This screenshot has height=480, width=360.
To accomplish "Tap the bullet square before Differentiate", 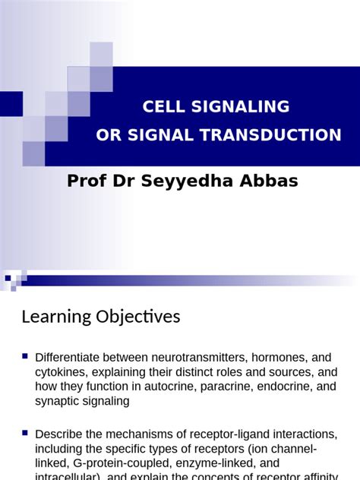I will (26, 355).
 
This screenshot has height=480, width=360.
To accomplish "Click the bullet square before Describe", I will (26, 432).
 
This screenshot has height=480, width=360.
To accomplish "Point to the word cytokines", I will (62, 372).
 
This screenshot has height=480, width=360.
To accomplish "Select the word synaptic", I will (60, 401).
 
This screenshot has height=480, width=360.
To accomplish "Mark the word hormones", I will (280, 358).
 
